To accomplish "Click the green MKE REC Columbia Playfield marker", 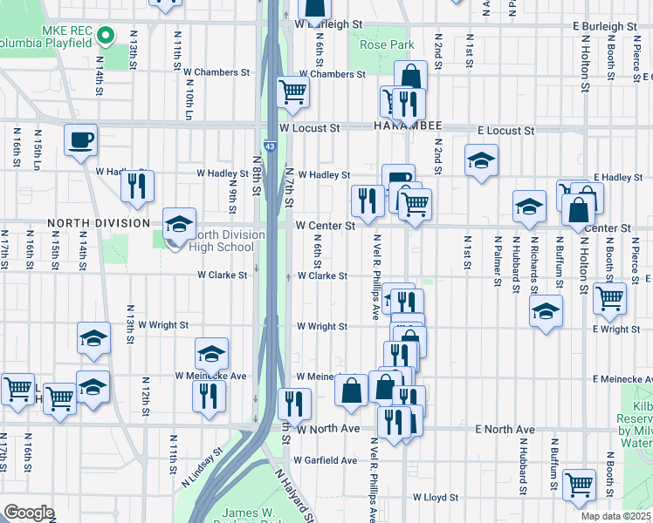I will pyautogui.click(x=106, y=36).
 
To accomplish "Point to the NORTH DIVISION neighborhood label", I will pyautogui.click(x=98, y=223).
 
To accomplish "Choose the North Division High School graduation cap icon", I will pyautogui.click(x=179, y=224).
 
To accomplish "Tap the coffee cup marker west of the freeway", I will pyautogui.click(x=81, y=139).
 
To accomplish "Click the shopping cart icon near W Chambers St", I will pyautogui.click(x=293, y=92).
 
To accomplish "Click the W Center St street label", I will pyautogui.click(x=325, y=226).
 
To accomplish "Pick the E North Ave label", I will pyautogui.click(x=505, y=431).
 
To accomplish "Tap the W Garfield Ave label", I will pyautogui.click(x=325, y=460).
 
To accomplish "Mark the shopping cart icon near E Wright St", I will pyautogui.click(x=609, y=298).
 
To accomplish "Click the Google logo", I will pyautogui.click(x=29, y=513).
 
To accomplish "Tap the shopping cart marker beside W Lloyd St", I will pyautogui.click(x=579, y=486).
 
